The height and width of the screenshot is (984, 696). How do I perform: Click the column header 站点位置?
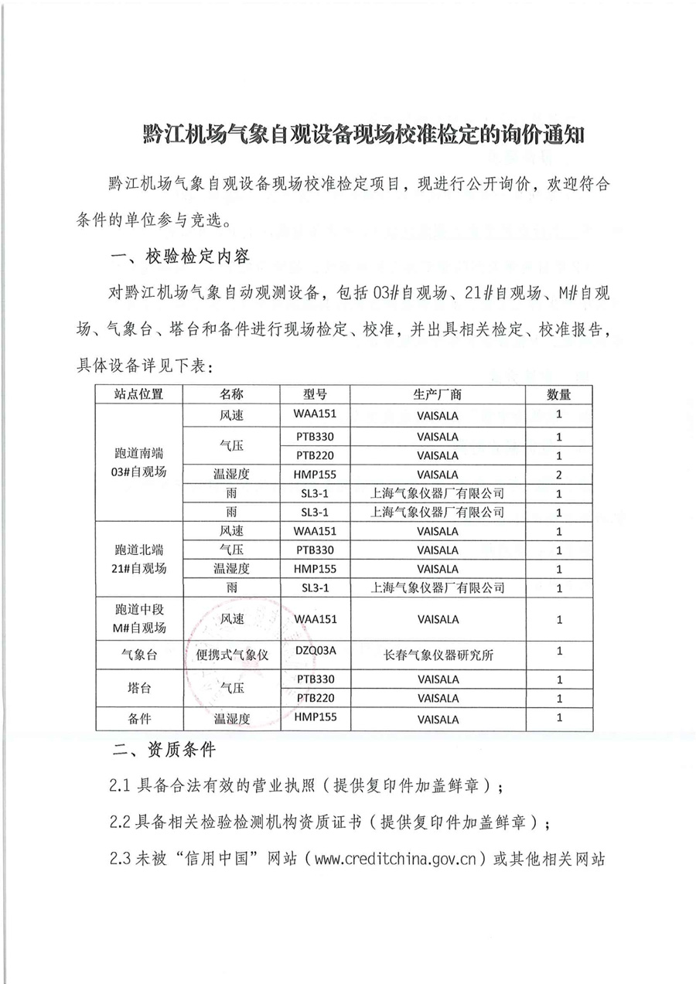click(139, 394)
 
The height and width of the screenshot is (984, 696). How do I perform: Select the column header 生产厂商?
click(438, 394)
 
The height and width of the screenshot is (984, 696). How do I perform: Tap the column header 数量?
click(559, 394)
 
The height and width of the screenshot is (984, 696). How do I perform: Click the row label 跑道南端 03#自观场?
click(139, 462)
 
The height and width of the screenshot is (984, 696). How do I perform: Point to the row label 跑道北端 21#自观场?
click(139, 560)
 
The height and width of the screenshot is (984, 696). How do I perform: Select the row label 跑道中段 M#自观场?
click(139, 618)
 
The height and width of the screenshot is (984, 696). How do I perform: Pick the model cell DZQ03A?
click(316, 651)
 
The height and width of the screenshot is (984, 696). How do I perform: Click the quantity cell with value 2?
click(559, 474)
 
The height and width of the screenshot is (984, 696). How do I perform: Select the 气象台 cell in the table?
click(139, 655)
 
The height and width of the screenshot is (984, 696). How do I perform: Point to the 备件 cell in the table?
click(139, 718)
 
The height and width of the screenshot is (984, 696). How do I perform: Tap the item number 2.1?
click(123, 786)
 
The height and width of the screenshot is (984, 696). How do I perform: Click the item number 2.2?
click(123, 821)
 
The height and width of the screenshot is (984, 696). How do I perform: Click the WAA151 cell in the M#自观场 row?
click(316, 619)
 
